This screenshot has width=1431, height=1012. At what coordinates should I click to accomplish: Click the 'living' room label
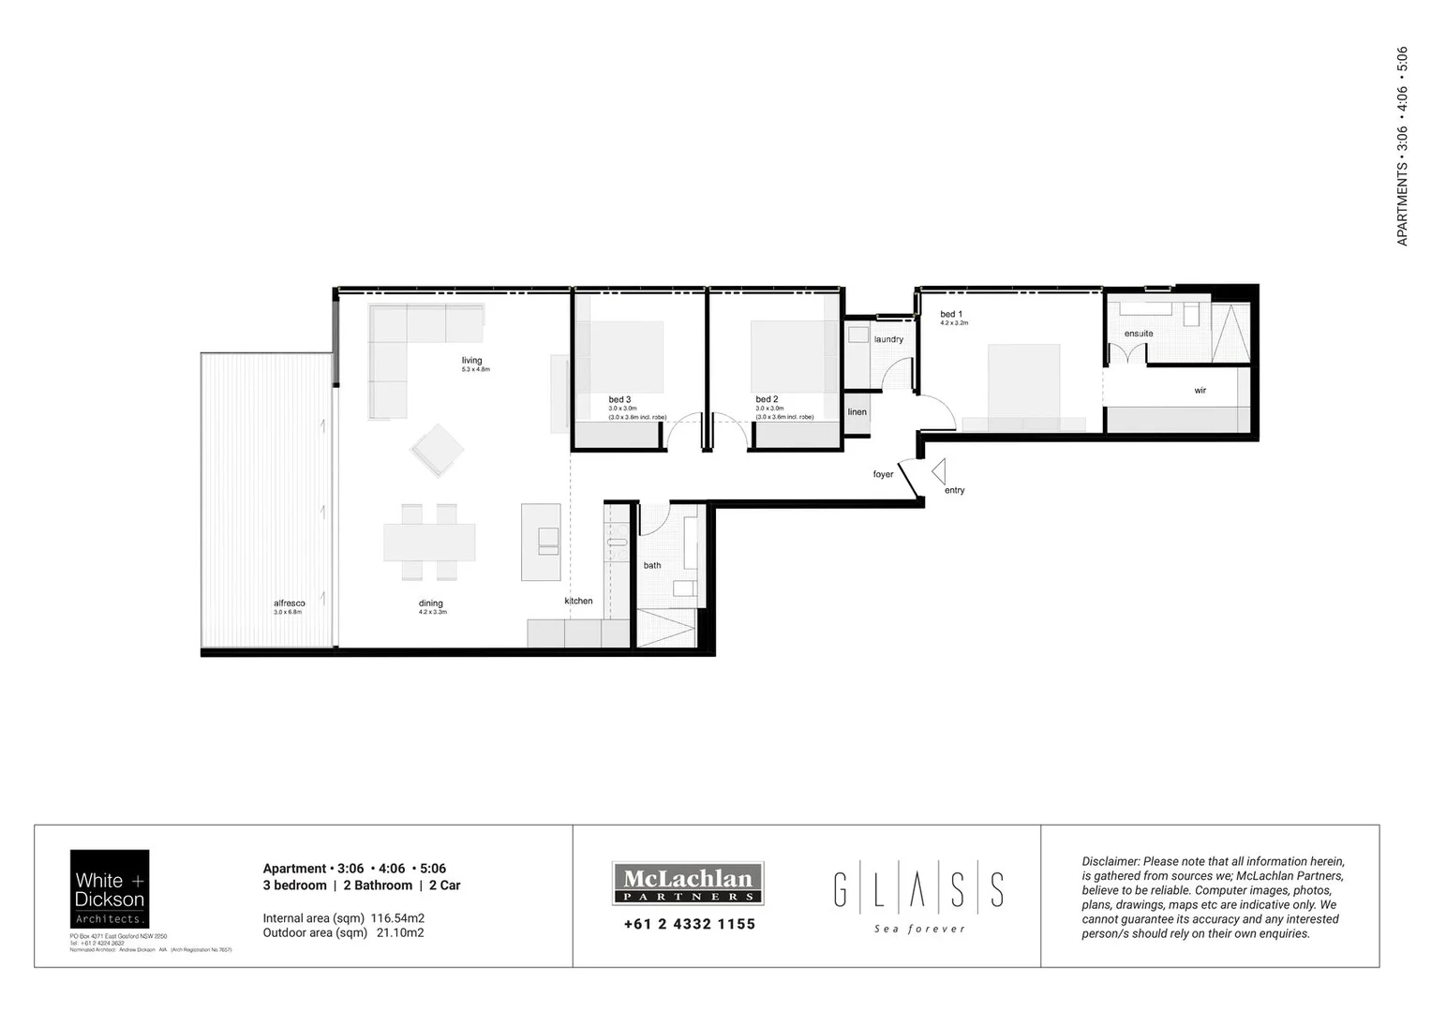click(471, 361)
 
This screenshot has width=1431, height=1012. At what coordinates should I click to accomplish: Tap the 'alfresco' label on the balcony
click(289, 603)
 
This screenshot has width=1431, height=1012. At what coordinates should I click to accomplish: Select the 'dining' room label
click(431, 603)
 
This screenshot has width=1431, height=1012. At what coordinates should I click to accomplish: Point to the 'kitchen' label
click(578, 601)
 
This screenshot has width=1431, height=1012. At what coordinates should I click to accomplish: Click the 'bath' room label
click(652, 565)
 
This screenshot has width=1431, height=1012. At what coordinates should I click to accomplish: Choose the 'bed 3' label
click(619, 399)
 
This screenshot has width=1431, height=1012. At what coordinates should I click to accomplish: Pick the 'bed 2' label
click(767, 399)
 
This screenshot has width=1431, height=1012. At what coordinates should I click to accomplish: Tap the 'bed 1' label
click(951, 314)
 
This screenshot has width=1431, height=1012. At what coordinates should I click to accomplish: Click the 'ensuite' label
click(1139, 334)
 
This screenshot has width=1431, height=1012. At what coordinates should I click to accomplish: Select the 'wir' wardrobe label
click(1200, 391)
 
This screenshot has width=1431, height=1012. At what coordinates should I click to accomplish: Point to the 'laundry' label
click(888, 339)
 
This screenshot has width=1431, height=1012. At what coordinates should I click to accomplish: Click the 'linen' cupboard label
click(857, 412)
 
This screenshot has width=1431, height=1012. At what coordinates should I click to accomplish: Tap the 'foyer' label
click(883, 474)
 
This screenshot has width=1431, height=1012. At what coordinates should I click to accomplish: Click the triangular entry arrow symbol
click(939, 470)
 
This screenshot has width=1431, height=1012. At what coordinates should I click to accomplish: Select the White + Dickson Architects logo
click(110, 889)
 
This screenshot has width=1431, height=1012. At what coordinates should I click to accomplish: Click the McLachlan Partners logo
click(688, 883)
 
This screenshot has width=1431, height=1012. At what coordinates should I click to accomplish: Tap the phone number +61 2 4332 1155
click(689, 924)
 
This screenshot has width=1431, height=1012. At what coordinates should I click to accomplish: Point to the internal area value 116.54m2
click(397, 918)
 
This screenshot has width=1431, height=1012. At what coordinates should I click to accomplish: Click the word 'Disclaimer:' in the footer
click(1111, 861)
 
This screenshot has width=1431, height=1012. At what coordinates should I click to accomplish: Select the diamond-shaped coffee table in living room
click(437, 451)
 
